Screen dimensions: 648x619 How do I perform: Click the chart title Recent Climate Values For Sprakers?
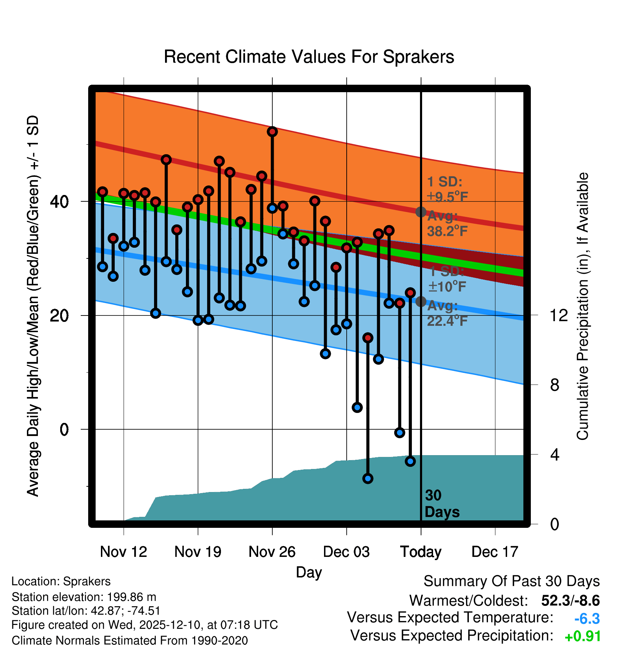click(309, 57)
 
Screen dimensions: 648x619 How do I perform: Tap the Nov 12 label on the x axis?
click(124, 552)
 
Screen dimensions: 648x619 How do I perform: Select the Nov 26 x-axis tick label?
click(272, 552)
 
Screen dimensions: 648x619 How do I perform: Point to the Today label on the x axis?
click(421, 552)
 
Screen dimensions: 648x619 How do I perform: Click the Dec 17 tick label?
click(495, 552)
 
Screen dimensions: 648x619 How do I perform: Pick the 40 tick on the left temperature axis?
click(59, 202)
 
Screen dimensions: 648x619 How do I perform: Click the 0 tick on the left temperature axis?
click(64, 430)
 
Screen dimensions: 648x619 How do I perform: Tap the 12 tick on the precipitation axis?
click(558, 315)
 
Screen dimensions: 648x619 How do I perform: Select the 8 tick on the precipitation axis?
click(555, 385)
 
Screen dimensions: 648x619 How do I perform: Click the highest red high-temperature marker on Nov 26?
click(272, 132)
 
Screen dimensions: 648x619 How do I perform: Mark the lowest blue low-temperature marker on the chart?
click(368, 479)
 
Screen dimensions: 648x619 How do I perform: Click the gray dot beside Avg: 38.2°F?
click(421, 212)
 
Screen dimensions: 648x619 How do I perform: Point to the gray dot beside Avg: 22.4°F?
click(421, 302)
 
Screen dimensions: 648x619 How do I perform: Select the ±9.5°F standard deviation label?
click(448, 196)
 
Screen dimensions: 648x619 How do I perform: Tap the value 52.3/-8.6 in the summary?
click(570, 600)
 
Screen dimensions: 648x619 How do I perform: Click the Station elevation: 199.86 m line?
click(84, 597)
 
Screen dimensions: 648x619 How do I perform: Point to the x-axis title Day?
click(309, 572)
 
